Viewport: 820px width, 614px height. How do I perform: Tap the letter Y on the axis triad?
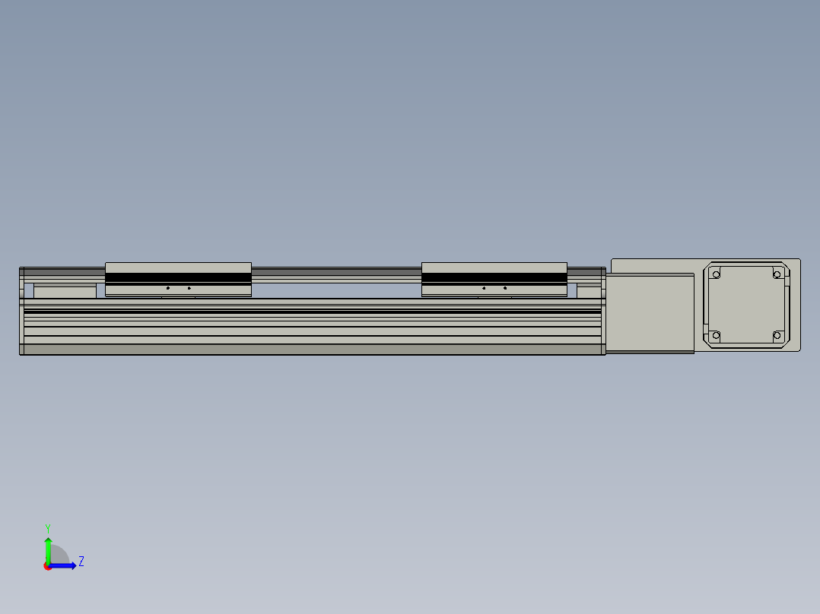pos(47,527)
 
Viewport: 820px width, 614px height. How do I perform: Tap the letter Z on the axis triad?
pos(81,562)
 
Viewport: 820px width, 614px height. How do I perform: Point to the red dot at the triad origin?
pos(48,566)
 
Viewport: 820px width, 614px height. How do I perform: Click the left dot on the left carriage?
pos(168,288)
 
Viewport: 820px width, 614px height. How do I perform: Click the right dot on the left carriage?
pos(189,288)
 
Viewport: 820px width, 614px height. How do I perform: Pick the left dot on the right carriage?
pos(484,288)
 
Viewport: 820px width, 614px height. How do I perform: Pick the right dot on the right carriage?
pos(505,288)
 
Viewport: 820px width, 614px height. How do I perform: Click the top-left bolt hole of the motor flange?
pos(715,274)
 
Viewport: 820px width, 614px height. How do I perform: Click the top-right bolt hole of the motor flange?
pos(777,274)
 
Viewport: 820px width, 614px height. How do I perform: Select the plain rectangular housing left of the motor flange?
pos(650,313)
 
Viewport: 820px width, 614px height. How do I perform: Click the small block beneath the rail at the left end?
pos(65,291)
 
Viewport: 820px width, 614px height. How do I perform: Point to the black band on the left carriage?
pos(178,279)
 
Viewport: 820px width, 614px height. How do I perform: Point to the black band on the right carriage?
pos(494,279)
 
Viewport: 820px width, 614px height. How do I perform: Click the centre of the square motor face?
pos(746,304)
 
